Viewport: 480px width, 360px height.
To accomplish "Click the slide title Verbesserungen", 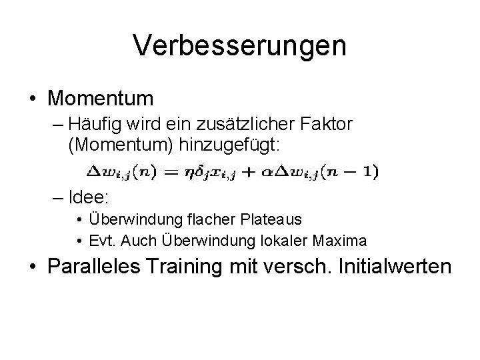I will [x=239, y=46].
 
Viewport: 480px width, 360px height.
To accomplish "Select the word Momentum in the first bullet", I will [x=101, y=99].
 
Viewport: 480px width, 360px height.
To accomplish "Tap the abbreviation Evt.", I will [x=102, y=240].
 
